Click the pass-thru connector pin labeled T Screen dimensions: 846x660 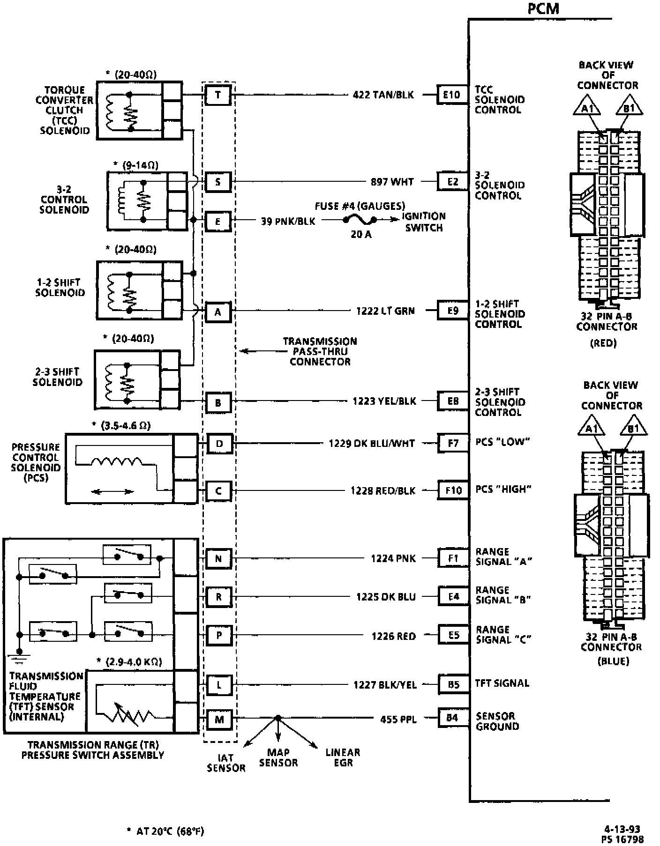[x=218, y=95]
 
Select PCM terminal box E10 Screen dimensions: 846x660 [x=452, y=95]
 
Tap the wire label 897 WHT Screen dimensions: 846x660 [x=392, y=182]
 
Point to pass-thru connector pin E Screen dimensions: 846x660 [x=218, y=222]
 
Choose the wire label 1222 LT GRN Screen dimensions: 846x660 [x=385, y=311]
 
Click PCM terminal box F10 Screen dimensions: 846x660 [x=453, y=490]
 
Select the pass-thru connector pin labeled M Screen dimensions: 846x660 [x=219, y=719]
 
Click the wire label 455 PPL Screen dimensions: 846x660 [x=398, y=719]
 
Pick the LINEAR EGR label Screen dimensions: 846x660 [x=343, y=757]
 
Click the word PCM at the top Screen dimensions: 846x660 [x=543, y=8]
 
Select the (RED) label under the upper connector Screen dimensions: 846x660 [x=603, y=343]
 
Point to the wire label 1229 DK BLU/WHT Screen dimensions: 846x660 [x=372, y=443]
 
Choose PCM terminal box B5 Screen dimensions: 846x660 [x=453, y=684]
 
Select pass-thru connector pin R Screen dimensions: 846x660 [x=219, y=597]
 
